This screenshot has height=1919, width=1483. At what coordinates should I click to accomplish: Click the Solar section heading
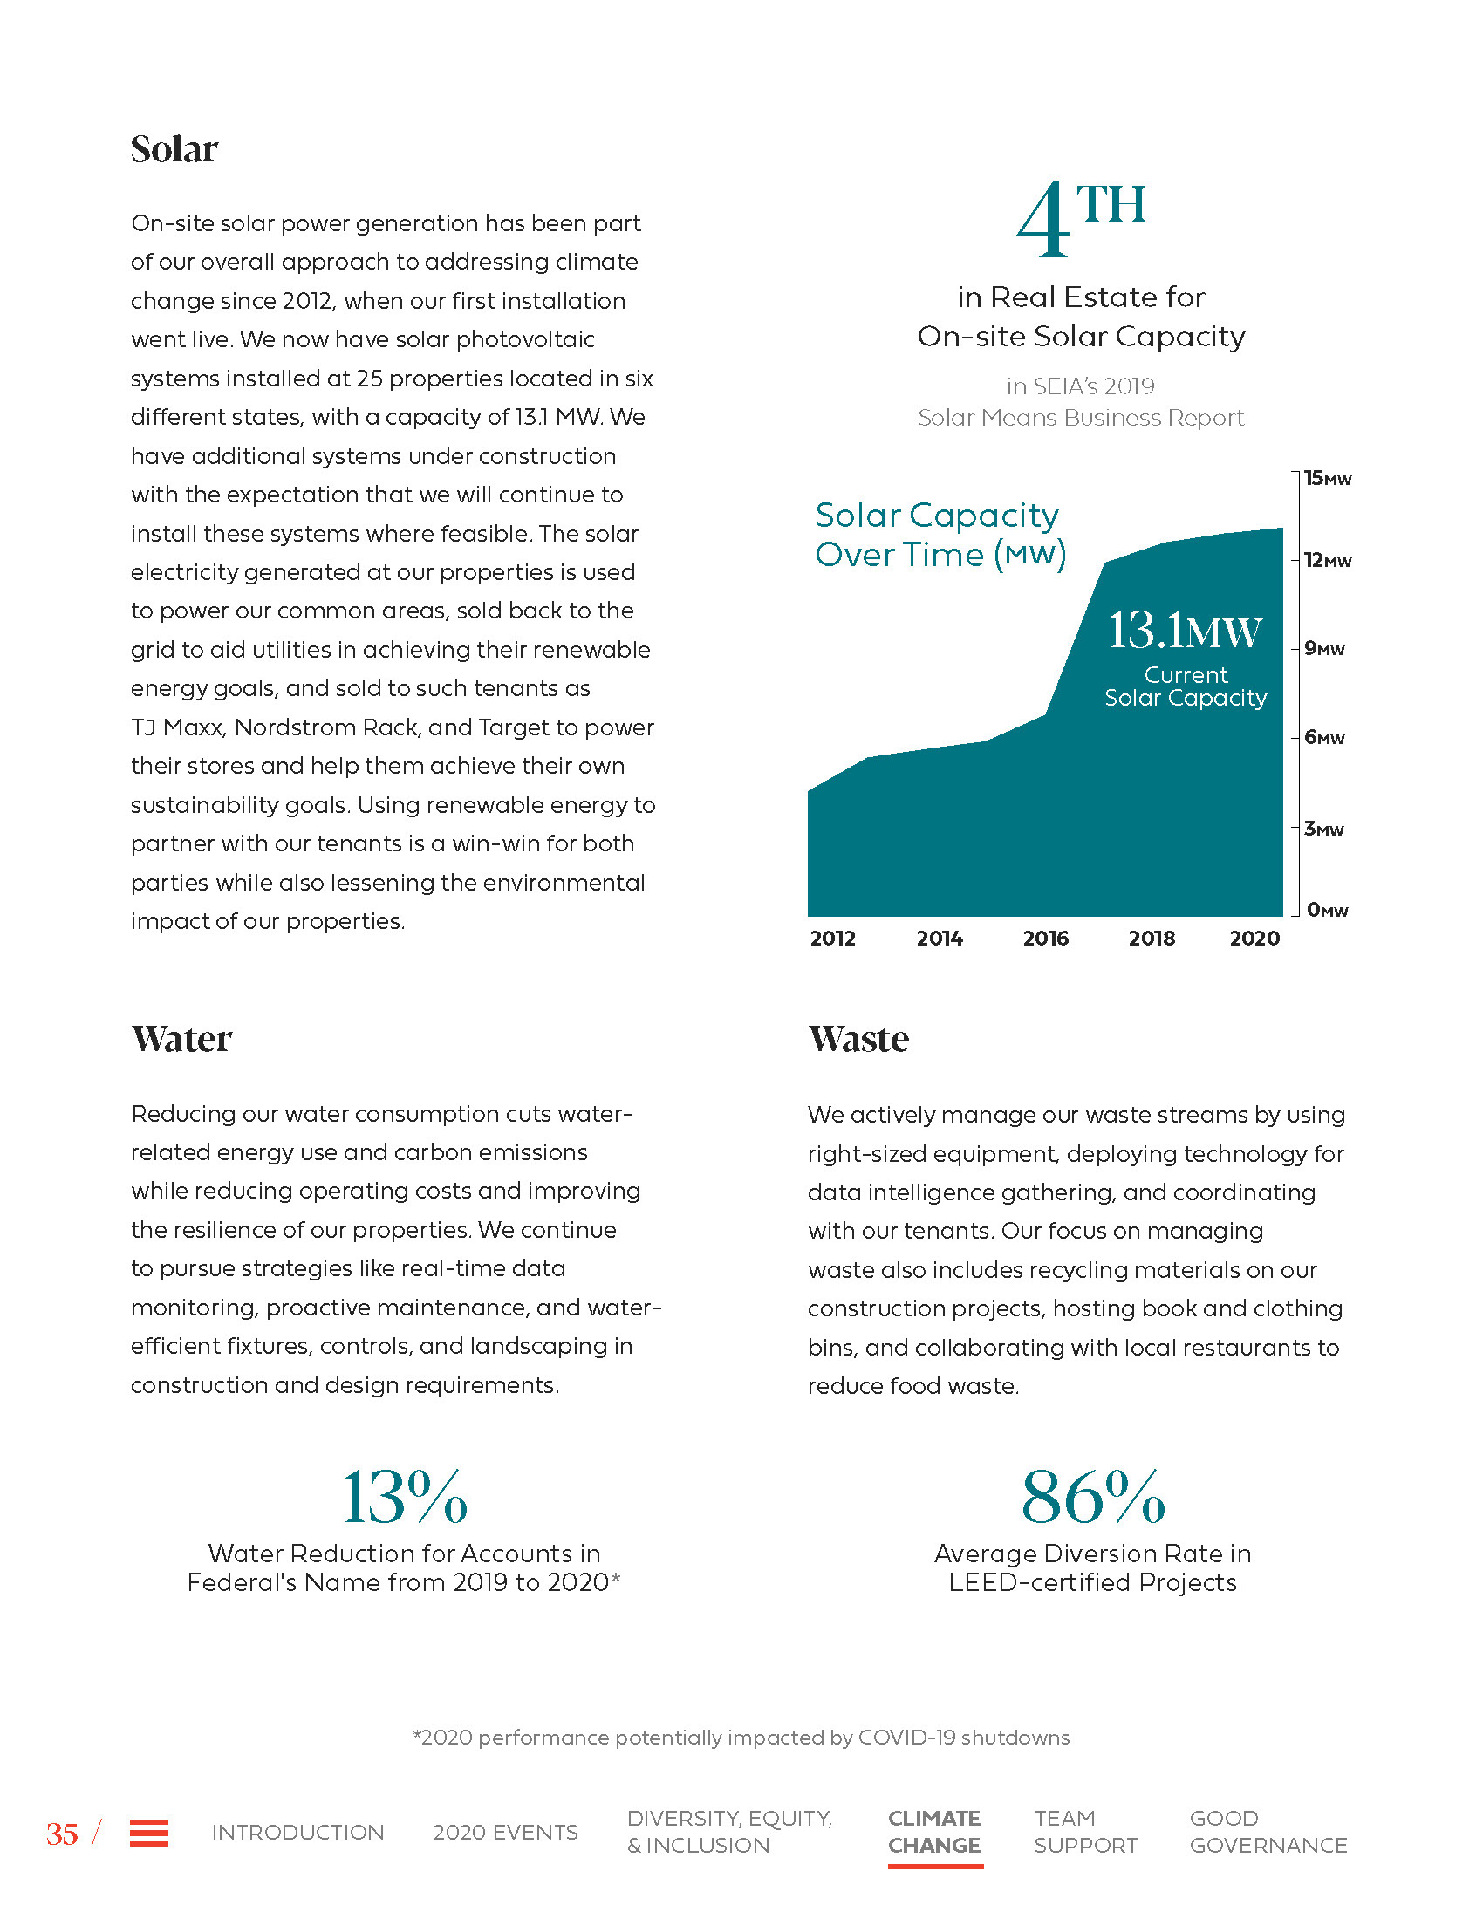tap(174, 149)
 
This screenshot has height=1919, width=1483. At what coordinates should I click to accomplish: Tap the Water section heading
tap(181, 1039)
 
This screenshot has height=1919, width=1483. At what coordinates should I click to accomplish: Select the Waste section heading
tap(858, 1039)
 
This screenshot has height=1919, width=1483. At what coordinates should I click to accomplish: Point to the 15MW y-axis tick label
tap(1327, 479)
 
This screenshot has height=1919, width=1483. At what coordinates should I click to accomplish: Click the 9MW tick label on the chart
tap(1324, 649)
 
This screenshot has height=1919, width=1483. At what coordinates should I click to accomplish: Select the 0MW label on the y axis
tap(1326, 911)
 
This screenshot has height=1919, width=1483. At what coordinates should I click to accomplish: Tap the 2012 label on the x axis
tap(832, 939)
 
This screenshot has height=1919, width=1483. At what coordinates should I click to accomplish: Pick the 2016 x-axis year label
tap(1045, 939)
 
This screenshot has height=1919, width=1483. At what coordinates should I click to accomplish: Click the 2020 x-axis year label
tap(1254, 939)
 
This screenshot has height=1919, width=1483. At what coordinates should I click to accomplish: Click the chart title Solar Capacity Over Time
tap(940, 534)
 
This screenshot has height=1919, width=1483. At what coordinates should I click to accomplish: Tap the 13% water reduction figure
tap(404, 1497)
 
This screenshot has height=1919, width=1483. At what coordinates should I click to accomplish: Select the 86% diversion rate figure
tap(1093, 1497)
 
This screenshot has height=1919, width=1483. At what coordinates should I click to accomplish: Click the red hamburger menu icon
tap(149, 1833)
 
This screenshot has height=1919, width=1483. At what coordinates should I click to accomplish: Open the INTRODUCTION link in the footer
tap(297, 1832)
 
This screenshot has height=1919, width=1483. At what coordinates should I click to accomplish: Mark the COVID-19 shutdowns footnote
tap(741, 1737)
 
